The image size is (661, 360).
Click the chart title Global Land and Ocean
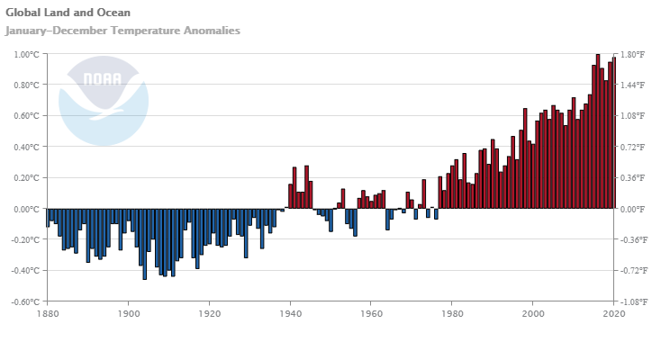click(x=68, y=13)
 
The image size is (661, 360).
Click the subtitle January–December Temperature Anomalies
click(x=122, y=31)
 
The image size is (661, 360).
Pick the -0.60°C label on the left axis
click(x=25, y=301)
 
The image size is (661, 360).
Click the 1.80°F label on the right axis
click(x=633, y=55)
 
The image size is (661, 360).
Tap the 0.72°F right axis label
click(x=633, y=147)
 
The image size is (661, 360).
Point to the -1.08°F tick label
click(x=632, y=301)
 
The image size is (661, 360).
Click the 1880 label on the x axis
click(x=47, y=314)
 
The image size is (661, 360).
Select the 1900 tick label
click(x=128, y=314)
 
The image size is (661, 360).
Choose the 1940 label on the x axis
click(x=291, y=314)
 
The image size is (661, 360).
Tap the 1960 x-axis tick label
click(x=372, y=314)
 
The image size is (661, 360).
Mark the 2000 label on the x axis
click(x=533, y=314)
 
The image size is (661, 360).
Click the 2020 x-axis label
click(x=613, y=314)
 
